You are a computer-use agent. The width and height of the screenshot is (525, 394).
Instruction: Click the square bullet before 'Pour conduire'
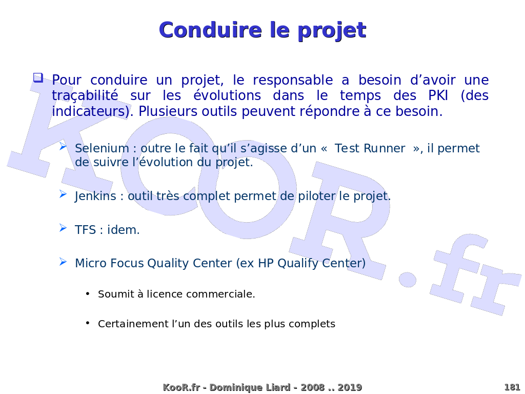[38, 78]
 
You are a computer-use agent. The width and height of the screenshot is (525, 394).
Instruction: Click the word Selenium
[102, 149]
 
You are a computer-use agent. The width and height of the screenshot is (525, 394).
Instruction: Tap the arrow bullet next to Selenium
[63, 147]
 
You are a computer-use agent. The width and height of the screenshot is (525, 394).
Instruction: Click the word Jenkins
[95, 196]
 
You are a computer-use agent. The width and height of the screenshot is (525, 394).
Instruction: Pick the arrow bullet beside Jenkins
[63, 194]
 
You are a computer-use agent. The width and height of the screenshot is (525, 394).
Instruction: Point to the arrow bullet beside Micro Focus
[63, 262]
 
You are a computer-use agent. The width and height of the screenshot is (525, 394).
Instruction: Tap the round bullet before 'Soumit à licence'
[88, 293]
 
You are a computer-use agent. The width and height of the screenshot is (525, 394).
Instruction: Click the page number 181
[512, 387]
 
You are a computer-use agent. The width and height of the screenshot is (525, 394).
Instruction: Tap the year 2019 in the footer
[350, 388]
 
